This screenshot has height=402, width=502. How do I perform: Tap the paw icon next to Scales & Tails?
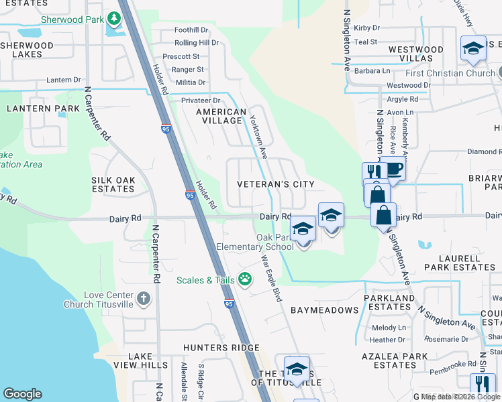coord(246,279)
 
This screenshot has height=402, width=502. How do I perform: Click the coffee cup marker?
coord(394,169)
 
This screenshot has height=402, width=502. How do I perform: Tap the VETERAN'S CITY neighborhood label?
coord(276,184)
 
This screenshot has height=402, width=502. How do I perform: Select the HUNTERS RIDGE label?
coord(221,348)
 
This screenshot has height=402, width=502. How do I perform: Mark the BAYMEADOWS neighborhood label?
coord(325,310)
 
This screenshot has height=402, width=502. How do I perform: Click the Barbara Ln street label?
coord(372,71)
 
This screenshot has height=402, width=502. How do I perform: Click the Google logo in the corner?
coord(22,394)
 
